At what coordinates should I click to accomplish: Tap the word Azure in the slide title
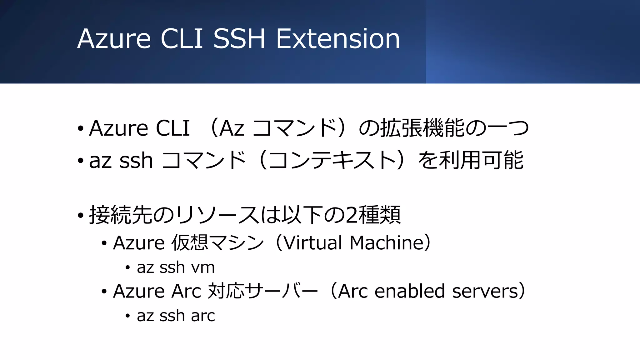[x=114, y=39]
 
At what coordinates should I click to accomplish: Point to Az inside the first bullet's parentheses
[x=232, y=128]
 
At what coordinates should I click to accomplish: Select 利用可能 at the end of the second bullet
[x=481, y=160]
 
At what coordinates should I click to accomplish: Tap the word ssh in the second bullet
[x=136, y=161]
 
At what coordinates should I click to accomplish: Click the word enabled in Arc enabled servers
[x=409, y=291]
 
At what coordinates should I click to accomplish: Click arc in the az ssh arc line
[x=203, y=316]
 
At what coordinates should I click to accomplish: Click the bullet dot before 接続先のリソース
[x=81, y=215]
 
